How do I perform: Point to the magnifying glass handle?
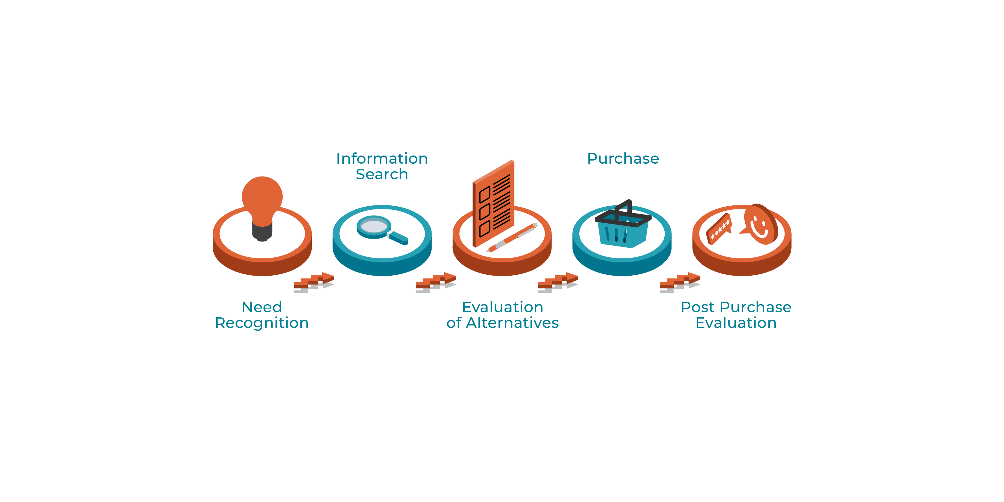[398, 238]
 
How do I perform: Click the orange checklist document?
[493, 203]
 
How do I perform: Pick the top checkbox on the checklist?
[485, 194]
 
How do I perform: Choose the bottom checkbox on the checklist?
[485, 228]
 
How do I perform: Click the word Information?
[382, 159]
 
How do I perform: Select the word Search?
[382, 174]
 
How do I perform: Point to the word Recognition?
[262, 323]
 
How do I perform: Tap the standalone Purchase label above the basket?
[623, 159]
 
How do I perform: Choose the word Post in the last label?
[698, 307]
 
